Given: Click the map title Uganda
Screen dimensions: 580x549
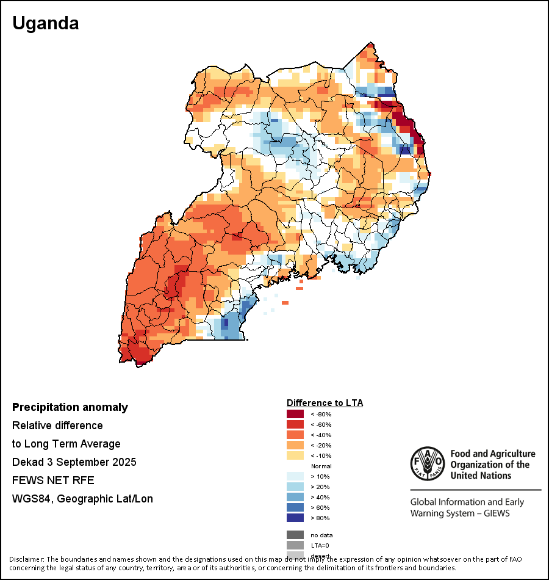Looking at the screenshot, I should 46,24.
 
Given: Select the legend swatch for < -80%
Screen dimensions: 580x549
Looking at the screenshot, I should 295,415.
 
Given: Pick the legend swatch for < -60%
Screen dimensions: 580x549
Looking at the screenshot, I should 295,425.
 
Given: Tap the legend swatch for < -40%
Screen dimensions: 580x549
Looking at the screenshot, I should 295,435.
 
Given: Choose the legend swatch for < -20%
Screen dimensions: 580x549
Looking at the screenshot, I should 295,446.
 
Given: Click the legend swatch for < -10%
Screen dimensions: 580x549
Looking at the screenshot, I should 295,456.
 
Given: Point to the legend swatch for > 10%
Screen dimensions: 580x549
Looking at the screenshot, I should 295,477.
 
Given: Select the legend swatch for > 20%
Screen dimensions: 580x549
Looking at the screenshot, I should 295,487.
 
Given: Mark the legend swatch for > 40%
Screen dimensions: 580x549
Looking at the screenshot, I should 295,498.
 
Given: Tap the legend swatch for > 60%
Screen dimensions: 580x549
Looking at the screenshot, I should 295,508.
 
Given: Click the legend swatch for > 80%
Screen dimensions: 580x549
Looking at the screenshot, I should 295,518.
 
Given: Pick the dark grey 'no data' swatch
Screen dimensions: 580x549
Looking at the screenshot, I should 295,535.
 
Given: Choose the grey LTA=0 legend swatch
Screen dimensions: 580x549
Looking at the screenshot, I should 295,545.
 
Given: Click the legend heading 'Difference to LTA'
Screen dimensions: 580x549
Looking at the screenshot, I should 325,403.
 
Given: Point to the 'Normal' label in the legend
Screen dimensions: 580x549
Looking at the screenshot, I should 321,466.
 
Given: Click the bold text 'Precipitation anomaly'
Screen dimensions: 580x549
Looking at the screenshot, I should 70,407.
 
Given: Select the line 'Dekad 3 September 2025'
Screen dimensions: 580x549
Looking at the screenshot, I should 74,462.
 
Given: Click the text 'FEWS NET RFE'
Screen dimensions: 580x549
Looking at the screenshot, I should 53,480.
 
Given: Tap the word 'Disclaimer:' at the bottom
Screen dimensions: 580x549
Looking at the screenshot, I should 27,559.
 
